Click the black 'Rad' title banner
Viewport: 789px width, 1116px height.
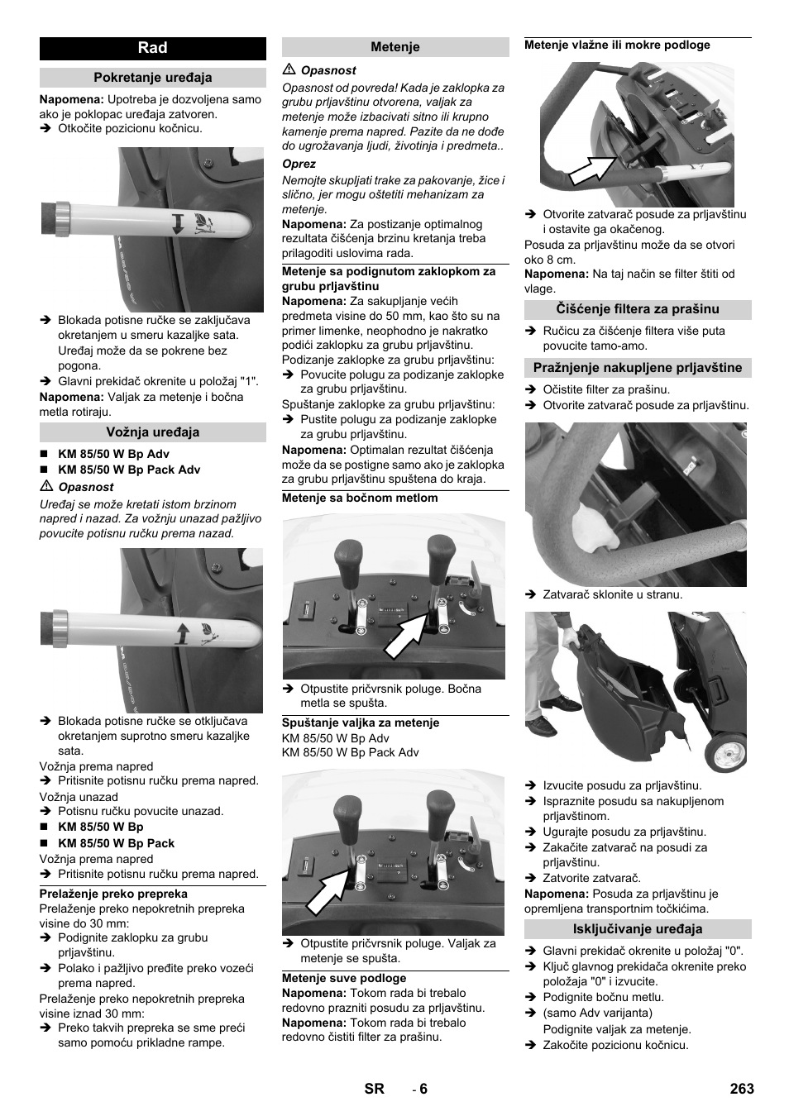pyautogui.click(x=152, y=48)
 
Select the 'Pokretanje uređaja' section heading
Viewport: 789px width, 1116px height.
pyautogui.click(x=152, y=78)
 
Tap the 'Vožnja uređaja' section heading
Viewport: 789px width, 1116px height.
pyautogui.click(x=152, y=432)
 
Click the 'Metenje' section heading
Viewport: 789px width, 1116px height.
pyautogui.click(x=394, y=47)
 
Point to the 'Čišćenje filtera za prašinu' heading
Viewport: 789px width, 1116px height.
pyautogui.click(x=637, y=309)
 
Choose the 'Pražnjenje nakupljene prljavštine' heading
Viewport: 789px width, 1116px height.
pyautogui.click(x=637, y=368)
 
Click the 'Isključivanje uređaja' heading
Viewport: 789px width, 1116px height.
pyautogui.click(x=637, y=928)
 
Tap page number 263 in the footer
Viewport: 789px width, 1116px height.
pyautogui.click(x=741, y=1088)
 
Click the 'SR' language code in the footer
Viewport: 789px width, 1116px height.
pyautogui.click(x=374, y=1088)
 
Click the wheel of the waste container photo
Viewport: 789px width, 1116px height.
pyautogui.click(x=725, y=751)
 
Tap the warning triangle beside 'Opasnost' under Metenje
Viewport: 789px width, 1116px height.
pyautogui.click(x=289, y=70)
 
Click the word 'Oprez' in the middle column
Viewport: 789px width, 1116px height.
pyautogui.click(x=299, y=164)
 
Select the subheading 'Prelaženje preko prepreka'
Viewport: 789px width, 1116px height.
pyautogui.click(x=113, y=894)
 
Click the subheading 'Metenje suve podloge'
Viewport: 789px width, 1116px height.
pyautogui.click(x=343, y=978)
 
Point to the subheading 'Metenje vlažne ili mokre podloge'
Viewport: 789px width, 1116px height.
pyautogui.click(x=617, y=45)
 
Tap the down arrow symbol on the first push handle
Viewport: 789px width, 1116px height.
pyautogui.click(x=178, y=223)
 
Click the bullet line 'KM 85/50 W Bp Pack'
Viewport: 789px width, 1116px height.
pyautogui.click(x=116, y=843)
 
